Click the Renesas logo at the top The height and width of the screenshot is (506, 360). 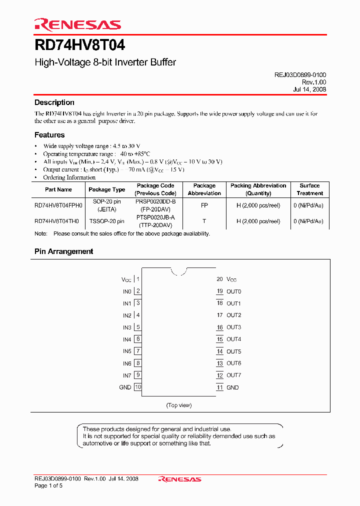click(77, 24)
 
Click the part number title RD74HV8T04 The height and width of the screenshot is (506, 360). click(79, 45)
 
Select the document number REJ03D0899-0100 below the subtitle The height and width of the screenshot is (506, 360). click(300, 74)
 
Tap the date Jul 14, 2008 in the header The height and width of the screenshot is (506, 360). click(309, 89)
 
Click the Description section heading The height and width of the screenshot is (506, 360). click(54, 102)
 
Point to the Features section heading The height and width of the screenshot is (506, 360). click(49, 135)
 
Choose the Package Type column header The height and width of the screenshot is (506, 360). click(106, 189)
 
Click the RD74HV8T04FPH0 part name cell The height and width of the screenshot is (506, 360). click(58, 205)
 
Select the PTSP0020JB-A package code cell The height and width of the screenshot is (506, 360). click(155, 217)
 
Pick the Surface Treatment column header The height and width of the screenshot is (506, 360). click(309, 189)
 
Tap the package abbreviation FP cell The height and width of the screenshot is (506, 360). click(204, 205)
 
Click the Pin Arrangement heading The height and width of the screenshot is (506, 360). click(63, 251)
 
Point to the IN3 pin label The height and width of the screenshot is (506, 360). click(127, 327)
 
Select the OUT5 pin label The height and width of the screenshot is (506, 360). click(233, 351)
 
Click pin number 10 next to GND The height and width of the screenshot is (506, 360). click(138, 387)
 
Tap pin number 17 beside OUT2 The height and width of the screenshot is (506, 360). click(219, 315)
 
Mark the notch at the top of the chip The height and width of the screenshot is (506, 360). click(178, 271)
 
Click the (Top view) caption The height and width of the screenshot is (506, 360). click(178, 405)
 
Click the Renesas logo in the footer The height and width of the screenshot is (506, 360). click(179, 479)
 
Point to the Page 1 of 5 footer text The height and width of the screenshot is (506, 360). click(48, 485)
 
